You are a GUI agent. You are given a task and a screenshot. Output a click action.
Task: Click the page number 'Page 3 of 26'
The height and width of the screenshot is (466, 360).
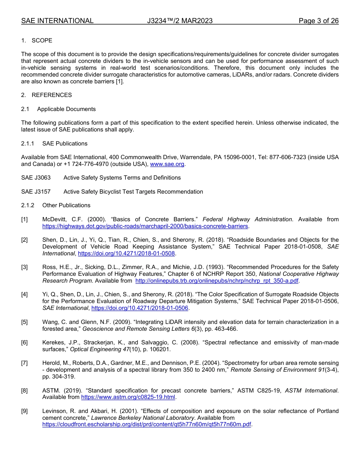(318, 21)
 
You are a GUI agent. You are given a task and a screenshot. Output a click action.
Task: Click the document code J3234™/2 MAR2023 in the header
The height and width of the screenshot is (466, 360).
(180, 21)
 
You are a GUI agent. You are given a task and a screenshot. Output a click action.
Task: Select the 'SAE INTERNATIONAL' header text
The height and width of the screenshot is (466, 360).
(57, 21)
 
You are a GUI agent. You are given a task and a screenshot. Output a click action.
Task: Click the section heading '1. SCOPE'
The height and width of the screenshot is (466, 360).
(37, 41)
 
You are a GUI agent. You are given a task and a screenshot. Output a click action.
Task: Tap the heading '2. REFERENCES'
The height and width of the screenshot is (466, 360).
(46, 95)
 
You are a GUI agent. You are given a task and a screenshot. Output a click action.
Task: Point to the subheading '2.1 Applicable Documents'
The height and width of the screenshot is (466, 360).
(59, 109)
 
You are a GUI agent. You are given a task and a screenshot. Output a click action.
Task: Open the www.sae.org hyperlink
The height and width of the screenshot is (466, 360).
(167, 164)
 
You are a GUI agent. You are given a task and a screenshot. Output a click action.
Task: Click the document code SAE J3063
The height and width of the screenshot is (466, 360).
(36, 178)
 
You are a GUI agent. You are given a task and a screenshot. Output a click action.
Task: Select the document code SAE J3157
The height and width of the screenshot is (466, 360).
(36, 192)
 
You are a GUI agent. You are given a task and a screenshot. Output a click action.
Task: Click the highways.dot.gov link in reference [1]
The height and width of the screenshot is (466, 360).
(145, 226)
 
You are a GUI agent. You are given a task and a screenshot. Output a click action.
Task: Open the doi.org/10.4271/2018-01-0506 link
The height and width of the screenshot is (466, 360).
(140, 308)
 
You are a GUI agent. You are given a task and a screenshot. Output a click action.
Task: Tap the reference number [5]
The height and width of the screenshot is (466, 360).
(24, 322)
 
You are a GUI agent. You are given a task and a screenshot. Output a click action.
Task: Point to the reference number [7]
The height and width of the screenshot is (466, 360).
(24, 363)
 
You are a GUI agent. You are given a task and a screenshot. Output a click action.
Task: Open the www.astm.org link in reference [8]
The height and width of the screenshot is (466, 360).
(128, 397)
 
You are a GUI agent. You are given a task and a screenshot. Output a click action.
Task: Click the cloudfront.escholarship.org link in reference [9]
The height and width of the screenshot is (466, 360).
(147, 425)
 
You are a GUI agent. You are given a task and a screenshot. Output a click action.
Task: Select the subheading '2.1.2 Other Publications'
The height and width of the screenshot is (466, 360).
(56, 205)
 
